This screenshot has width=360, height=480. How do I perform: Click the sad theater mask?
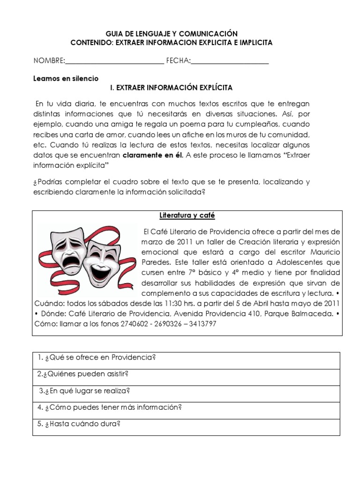coord(68,249)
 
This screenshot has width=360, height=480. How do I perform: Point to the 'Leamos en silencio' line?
coord(66,78)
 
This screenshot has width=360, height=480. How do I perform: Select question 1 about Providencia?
coord(96,358)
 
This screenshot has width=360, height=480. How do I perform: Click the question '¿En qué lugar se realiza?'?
coord(84,390)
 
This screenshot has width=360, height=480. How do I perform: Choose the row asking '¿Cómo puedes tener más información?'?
coord(109,407)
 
